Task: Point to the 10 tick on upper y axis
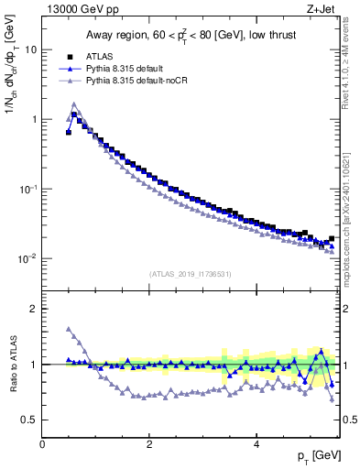[x=30, y=49]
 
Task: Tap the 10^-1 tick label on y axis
[x=27, y=189]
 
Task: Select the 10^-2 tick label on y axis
[x=27, y=258]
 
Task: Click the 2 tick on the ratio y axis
[x=33, y=309]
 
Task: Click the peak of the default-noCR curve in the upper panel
[x=74, y=104]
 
